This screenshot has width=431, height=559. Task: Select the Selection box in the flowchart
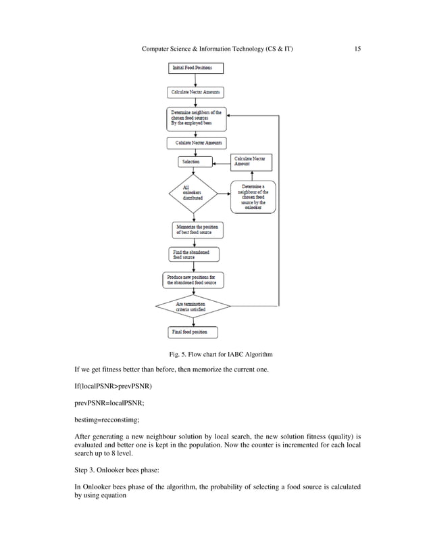[x=195, y=162]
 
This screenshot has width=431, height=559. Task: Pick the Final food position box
[x=194, y=332]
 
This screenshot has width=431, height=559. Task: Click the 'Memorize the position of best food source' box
[x=195, y=229]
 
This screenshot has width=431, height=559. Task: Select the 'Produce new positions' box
[x=194, y=279]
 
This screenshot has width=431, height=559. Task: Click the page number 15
[x=357, y=49]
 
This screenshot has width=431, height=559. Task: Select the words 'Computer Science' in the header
[x=172, y=49]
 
